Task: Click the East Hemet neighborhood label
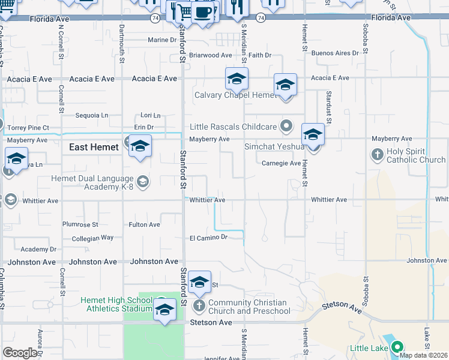pyautogui.click(x=94, y=147)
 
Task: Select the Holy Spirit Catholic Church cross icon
pyautogui.click(x=377, y=155)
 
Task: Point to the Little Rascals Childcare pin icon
pyautogui.click(x=286, y=127)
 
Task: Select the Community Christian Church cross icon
pyautogui.click(x=199, y=307)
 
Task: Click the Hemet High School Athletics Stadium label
pyautogui.click(x=117, y=304)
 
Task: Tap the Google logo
pyautogui.click(x=20, y=353)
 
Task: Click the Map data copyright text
pyautogui.click(x=423, y=355)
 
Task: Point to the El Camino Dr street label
pyautogui.click(x=208, y=237)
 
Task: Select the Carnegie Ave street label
pyautogui.click(x=282, y=163)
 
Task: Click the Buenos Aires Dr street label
pyautogui.click(x=335, y=53)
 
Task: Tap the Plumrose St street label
pyautogui.click(x=80, y=224)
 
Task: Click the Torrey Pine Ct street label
pyautogui.click(x=29, y=128)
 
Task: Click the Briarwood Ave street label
pyautogui.click(x=210, y=55)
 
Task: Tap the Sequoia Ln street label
pyautogui.click(x=91, y=115)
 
